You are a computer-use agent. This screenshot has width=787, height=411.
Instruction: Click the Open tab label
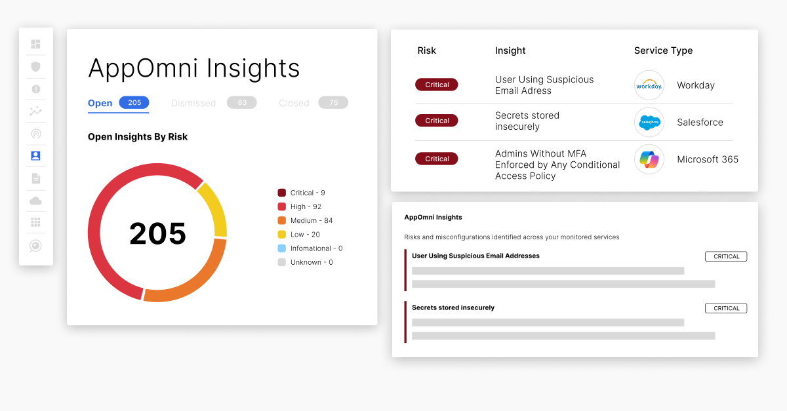100,104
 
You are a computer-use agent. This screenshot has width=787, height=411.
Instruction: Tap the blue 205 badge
134,102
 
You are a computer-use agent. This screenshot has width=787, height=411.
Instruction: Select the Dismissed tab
193,104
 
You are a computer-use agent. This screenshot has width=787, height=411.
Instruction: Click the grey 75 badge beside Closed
333,102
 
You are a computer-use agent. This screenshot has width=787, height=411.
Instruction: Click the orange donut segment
197,279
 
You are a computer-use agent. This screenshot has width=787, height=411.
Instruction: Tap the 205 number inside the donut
157,233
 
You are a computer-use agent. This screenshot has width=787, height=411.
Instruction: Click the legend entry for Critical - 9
302,193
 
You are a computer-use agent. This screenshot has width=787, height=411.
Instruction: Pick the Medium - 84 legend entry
305,221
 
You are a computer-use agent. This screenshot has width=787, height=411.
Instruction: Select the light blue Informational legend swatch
282,248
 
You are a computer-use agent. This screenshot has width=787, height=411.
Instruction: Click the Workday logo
649,85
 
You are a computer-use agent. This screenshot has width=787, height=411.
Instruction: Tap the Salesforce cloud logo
649,122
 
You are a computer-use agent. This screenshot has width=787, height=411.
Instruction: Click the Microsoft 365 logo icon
649,159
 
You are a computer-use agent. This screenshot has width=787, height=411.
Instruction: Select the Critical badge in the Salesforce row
437,121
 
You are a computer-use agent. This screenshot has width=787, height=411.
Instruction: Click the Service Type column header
663,50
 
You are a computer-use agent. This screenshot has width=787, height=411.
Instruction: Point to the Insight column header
510,50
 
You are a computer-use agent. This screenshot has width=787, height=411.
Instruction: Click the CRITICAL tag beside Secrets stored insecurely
726,308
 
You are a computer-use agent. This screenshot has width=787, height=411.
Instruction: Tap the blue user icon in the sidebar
36,155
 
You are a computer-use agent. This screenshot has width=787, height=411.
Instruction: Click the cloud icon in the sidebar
35,201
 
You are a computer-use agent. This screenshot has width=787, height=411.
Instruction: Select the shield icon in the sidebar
36,67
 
